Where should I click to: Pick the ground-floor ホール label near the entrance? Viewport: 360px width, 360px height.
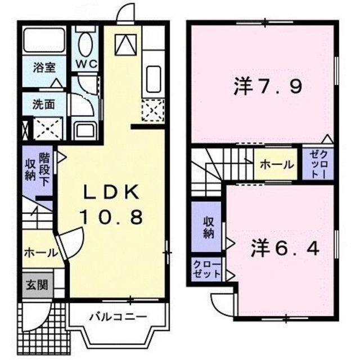tap(40, 253)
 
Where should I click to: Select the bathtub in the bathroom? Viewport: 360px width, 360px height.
tap(43, 41)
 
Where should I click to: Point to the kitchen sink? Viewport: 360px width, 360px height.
tap(152, 75)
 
